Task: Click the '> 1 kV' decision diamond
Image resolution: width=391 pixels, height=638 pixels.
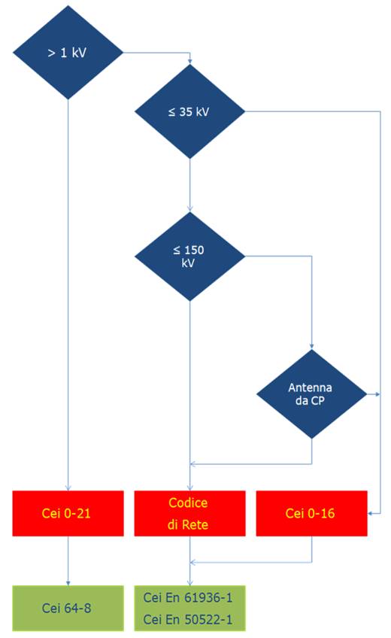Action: coord(68,53)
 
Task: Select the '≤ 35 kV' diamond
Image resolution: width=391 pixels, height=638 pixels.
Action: coord(189,111)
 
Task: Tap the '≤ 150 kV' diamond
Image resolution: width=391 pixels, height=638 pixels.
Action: coord(189,257)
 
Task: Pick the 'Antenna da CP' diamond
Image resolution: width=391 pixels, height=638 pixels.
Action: coord(312,394)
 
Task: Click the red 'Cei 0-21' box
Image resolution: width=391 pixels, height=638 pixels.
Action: coord(68,513)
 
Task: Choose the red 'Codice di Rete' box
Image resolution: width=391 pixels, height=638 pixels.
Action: coord(189,513)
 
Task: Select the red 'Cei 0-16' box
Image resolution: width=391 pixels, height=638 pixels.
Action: coord(312,513)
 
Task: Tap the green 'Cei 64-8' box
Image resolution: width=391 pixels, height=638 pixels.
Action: coord(68,608)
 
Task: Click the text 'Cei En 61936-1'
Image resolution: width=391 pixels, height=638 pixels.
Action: coord(188,597)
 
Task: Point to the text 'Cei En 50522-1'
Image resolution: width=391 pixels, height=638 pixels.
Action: coord(188,619)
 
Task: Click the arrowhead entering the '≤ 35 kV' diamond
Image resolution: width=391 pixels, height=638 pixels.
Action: coord(189,62)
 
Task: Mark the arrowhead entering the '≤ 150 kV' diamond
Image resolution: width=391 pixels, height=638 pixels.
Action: coord(189,208)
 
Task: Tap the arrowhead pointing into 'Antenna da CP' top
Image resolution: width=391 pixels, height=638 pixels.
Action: coord(312,347)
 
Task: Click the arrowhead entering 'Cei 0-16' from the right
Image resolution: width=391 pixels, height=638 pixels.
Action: coord(371,514)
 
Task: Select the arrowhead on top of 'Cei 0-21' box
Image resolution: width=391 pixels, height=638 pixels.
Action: coord(68,488)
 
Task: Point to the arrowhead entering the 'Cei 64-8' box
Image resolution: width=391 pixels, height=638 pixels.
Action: coord(68,583)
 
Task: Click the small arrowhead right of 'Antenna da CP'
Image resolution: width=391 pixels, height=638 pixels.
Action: coord(378,394)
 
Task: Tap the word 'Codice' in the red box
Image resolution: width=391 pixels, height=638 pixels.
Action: coord(188,503)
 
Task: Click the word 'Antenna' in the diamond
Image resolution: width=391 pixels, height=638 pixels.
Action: coord(310,387)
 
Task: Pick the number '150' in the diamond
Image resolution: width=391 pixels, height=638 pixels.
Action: coord(194,250)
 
